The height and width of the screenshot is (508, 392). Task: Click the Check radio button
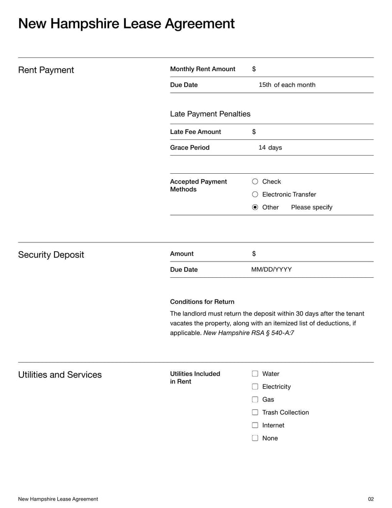pos(255,182)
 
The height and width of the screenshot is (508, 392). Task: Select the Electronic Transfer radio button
pos(255,194)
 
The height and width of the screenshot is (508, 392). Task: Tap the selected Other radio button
pos(255,207)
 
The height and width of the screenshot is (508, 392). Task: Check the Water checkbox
pos(255,374)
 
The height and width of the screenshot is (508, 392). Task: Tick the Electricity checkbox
pos(255,387)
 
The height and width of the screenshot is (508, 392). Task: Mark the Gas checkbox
pos(255,400)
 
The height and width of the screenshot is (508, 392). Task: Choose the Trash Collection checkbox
pos(255,412)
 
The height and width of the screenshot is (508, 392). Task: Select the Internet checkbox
pos(255,425)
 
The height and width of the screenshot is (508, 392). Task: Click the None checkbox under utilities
pos(255,438)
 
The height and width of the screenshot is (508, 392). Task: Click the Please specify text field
pos(312,207)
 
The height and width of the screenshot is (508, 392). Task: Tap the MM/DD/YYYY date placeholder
pos(271,269)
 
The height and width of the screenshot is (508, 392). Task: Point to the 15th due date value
pos(265,85)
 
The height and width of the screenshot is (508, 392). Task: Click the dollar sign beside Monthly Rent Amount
pos(254,69)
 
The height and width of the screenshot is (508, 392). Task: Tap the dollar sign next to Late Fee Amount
pos(254,132)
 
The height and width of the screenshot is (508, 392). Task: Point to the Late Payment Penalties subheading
pos(210,114)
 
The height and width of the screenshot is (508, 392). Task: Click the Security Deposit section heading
pos(51,255)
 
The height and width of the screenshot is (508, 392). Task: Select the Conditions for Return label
pos(202,302)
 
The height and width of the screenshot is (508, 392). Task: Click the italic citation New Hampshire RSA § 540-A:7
pos(248,333)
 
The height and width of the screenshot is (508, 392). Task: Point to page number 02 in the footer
pos(370,499)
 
